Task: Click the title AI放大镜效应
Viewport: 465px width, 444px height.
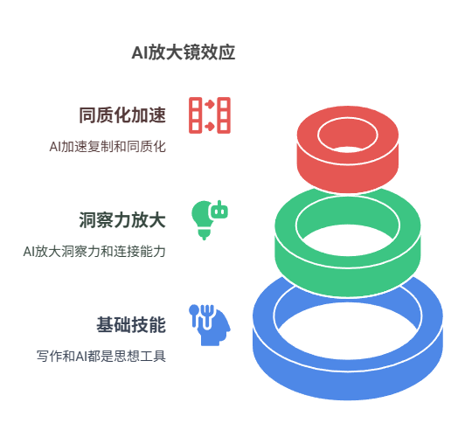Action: pyautogui.click(x=184, y=52)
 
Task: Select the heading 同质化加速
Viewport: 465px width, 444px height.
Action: pyautogui.click(x=122, y=115)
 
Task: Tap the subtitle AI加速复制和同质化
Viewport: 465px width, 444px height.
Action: pyautogui.click(x=108, y=147)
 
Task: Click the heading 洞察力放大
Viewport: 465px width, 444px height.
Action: pyautogui.click(x=122, y=219)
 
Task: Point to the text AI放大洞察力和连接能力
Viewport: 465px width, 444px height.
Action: pyautogui.click(x=94, y=251)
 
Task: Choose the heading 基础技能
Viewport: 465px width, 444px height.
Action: pyautogui.click(x=131, y=324)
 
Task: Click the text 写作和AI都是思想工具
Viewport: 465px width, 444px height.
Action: pyautogui.click(x=101, y=356)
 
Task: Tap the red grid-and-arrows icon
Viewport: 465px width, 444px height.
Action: pyautogui.click(x=210, y=115)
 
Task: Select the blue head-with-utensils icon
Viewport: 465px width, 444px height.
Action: pyautogui.click(x=211, y=325)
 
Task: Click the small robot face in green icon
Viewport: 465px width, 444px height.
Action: pyautogui.click(x=219, y=211)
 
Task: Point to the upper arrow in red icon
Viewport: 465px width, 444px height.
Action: pyautogui.click(x=210, y=104)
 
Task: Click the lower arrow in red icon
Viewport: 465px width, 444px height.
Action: pyautogui.click(x=210, y=127)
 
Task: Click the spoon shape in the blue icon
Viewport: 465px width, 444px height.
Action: pyautogui.click(x=194, y=315)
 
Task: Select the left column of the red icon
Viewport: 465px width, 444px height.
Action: pyautogui.click(x=196, y=115)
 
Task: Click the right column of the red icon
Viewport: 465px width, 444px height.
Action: pyautogui.click(x=224, y=115)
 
